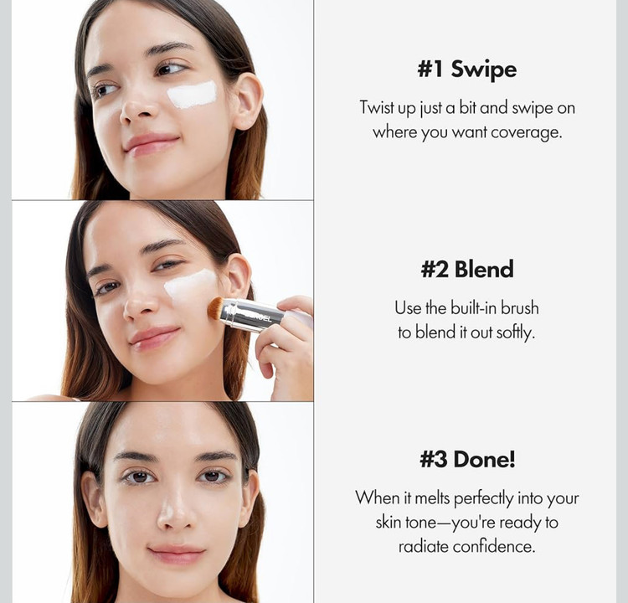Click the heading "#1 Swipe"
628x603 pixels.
tap(467, 70)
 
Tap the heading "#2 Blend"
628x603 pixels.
tap(467, 269)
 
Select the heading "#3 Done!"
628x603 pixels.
tap(467, 459)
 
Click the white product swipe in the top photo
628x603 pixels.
tap(192, 95)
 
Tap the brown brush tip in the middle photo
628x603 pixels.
tap(216, 308)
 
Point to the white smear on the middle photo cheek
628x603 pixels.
tap(190, 285)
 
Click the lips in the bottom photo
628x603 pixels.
tap(177, 554)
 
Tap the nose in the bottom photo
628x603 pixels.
tap(176, 512)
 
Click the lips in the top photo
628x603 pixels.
tap(152, 144)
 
